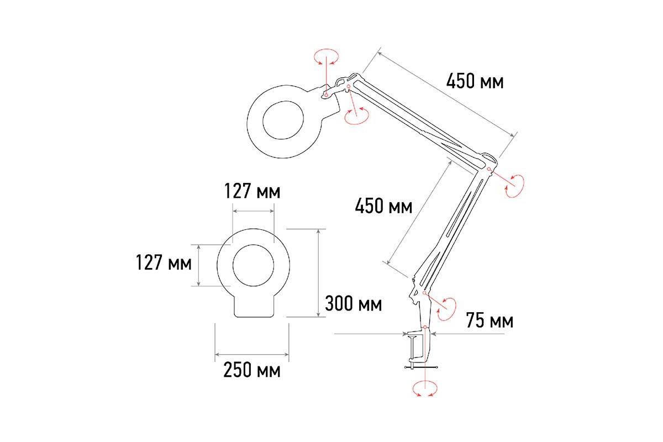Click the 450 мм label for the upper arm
475,81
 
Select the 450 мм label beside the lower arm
383,206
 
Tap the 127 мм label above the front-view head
252,191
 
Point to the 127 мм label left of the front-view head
164,262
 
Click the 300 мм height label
354,303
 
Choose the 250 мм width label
252,370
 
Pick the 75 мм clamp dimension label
490,320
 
